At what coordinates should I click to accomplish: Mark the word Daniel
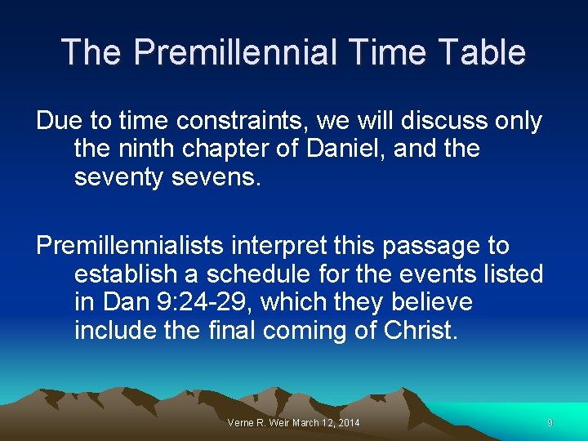pos(353,149)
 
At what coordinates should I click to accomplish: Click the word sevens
pos(218,177)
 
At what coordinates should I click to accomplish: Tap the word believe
pos(430,302)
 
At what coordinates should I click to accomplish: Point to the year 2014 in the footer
pos(346,422)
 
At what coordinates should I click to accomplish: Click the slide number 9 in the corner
pos(550,422)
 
